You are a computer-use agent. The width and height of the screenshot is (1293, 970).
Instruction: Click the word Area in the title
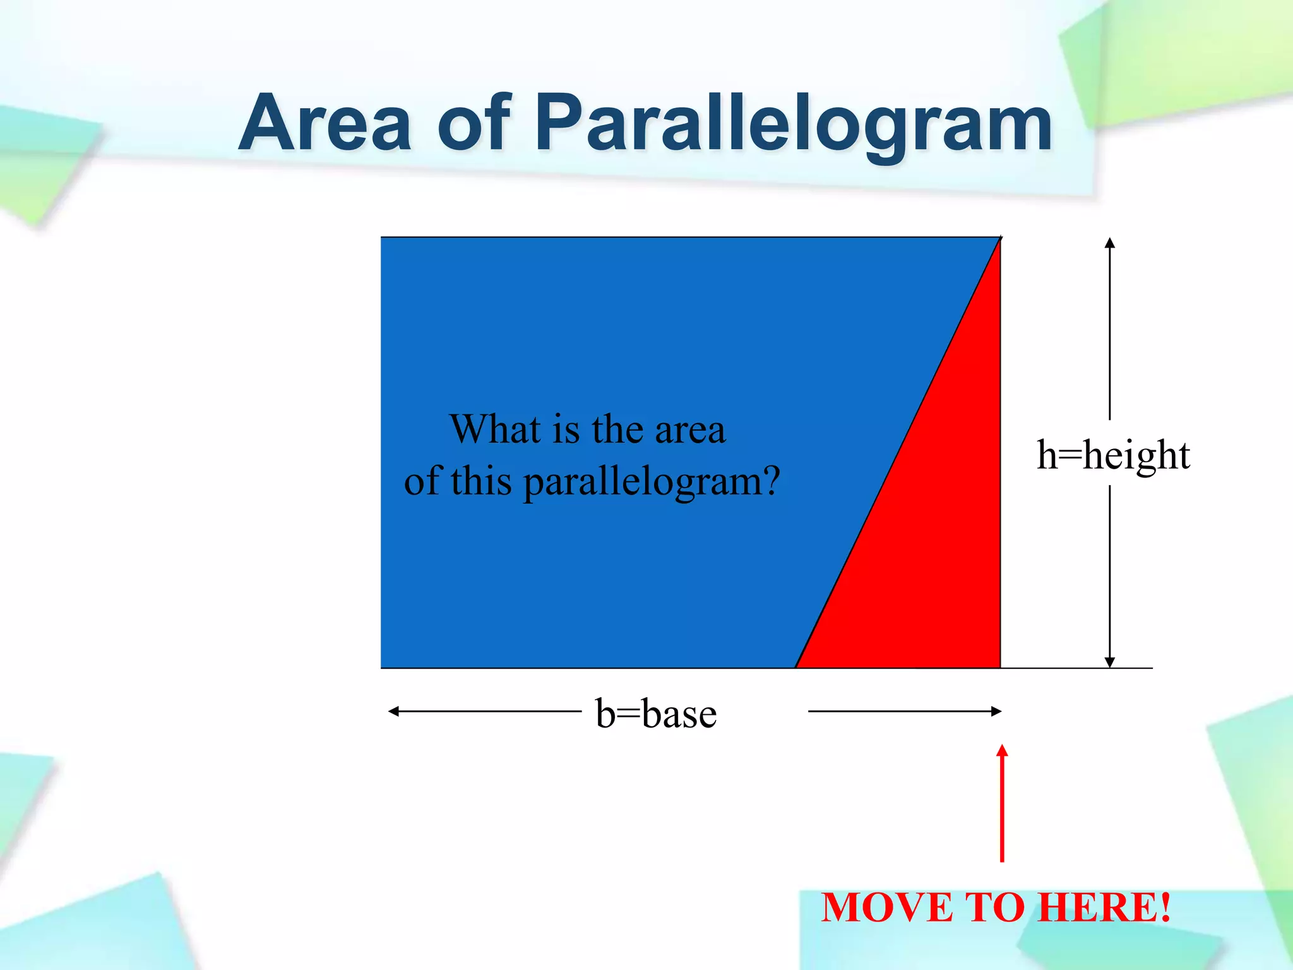pos(325,123)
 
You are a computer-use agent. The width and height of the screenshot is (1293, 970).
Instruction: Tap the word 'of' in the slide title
pos(474,123)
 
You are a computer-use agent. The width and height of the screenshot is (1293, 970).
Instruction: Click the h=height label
pos(1113,455)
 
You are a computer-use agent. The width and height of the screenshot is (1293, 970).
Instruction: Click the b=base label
pos(656,714)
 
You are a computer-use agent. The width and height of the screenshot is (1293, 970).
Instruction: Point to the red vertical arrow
pos(1002,808)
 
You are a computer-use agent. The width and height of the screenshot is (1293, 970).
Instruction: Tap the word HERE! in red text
pos(1105,907)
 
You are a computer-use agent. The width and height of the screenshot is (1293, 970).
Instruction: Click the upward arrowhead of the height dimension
pos(1110,242)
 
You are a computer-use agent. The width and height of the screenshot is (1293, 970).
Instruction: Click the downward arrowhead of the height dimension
pos(1110,662)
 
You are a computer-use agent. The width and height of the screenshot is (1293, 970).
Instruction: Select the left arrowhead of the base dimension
pos(393,712)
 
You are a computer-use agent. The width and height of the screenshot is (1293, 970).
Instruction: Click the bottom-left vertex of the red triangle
pos(797,667)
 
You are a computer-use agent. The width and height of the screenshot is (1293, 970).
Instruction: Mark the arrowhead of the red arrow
pos(1002,750)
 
